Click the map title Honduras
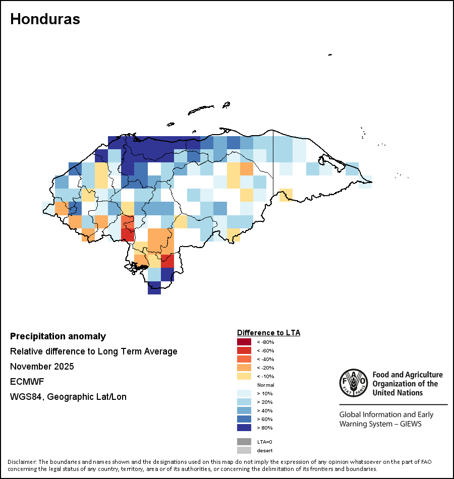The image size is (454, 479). click(x=45, y=19)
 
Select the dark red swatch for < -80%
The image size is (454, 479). click(x=244, y=342)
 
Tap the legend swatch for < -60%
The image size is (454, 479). click(x=244, y=350)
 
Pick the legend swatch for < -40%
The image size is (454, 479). click(x=244, y=359)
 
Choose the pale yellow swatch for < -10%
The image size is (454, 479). click(x=244, y=376)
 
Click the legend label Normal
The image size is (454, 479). click(x=266, y=385)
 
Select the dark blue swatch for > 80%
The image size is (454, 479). click(x=244, y=428)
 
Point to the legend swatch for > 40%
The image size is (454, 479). click(x=244, y=410)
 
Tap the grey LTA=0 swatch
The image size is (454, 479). click(x=244, y=442)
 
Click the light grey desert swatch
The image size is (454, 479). click(x=244, y=450)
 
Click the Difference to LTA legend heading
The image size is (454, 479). click(x=268, y=333)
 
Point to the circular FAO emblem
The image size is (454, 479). click(x=354, y=383)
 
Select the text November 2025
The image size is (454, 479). click(x=42, y=367)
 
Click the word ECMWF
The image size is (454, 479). click(x=27, y=382)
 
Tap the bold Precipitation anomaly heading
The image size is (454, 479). click(x=58, y=336)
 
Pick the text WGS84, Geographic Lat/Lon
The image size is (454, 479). click(x=68, y=397)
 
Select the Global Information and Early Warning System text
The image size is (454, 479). click(x=386, y=419)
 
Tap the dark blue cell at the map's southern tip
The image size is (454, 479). click(x=154, y=288)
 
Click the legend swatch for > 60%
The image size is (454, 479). click(x=244, y=419)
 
